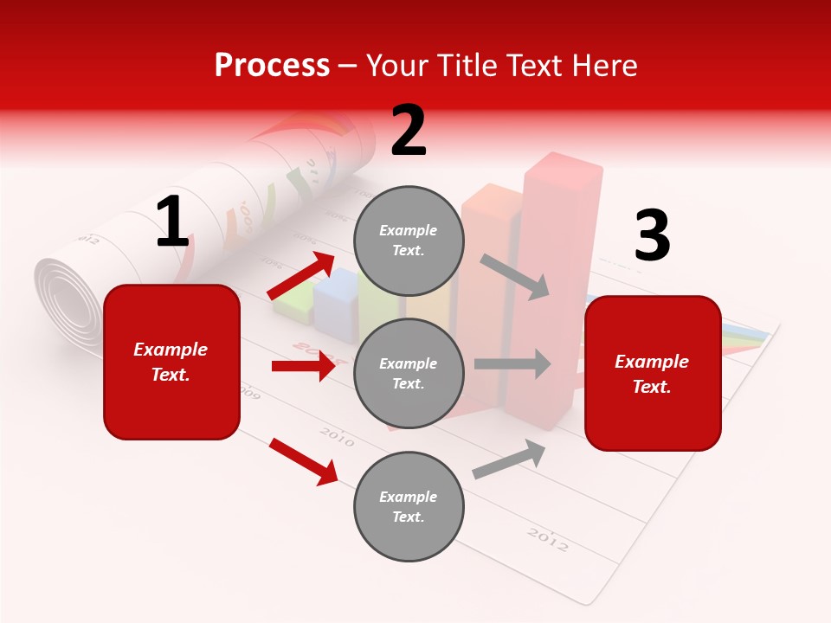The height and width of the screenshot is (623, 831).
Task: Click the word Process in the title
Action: point(272,65)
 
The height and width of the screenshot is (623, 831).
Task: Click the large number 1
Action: point(172,222)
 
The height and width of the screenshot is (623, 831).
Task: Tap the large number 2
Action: point(409,131)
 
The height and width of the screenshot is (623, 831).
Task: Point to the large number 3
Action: point(652,236)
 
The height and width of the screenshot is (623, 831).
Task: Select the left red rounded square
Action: point(171,362)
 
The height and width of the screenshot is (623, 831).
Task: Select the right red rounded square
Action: point(653,373)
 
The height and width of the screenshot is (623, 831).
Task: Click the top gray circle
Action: point(409,241)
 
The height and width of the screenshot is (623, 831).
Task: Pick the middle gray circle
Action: point(409,373)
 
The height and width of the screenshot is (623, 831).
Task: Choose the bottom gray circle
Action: point(409,506)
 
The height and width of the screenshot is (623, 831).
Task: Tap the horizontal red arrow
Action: point(304,366)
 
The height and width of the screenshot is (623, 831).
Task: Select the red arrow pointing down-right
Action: point(304,461)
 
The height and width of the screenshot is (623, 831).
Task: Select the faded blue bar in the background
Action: point(336,299)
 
